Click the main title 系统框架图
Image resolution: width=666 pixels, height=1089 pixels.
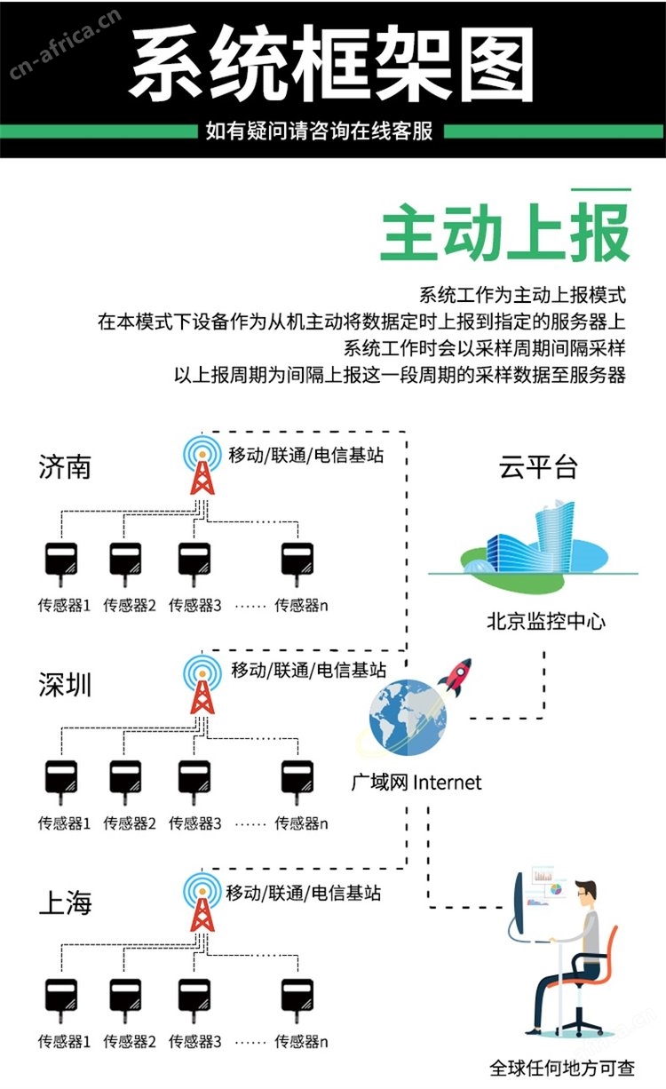point(332,63)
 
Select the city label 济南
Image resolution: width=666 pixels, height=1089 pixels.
point(65,467)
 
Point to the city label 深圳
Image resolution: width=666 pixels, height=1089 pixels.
point(65,685)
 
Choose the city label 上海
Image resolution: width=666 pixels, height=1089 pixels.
point(65,902)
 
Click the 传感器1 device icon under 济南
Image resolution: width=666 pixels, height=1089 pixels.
point(61,564)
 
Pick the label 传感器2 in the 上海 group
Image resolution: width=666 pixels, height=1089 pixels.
point(130,1041)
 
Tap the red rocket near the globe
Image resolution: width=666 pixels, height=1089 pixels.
point(456,676)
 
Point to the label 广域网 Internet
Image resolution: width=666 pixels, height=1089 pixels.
point(416,783)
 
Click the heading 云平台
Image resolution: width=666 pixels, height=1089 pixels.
point(538,468)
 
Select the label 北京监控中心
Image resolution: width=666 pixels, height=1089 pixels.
point(546,621)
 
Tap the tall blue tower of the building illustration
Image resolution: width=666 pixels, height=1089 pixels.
point(555,535)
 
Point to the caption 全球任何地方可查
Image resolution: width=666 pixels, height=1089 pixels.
point(562,1068)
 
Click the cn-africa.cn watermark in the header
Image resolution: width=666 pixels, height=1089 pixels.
point(65,44)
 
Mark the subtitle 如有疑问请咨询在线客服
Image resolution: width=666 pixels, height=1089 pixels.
point(319,131)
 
